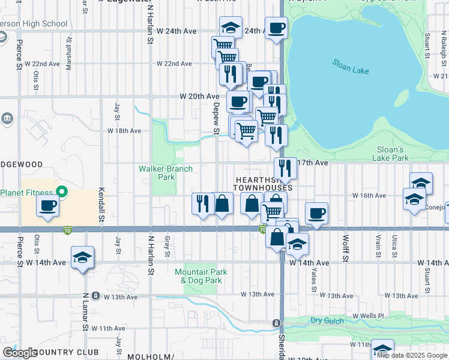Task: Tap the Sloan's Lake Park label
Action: [393, 154]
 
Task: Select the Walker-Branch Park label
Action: [166, 173]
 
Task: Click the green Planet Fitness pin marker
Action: [61, 193]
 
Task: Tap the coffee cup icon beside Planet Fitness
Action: [47, 206]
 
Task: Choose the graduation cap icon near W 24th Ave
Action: [231, 28]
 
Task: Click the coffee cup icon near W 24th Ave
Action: [276, 28]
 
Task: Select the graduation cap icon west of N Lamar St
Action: [82, 258]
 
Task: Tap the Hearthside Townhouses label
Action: [263, 184]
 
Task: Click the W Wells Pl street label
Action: [368, 316]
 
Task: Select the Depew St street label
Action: [216, 117]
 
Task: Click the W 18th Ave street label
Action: [124, 130]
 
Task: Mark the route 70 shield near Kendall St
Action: [66, 229]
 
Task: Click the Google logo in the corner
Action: [20, 353]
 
